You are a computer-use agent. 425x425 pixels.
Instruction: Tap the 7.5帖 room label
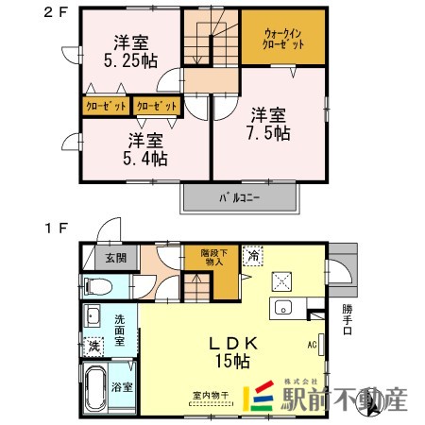270,124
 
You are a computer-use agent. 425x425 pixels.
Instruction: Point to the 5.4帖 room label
146,150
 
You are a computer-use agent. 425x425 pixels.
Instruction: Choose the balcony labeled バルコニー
240,199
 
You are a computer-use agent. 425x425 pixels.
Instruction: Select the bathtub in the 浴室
99,388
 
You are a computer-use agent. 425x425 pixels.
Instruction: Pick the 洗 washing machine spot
94,346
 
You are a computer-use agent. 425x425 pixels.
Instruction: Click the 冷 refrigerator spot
253,254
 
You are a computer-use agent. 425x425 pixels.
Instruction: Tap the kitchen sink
282,307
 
